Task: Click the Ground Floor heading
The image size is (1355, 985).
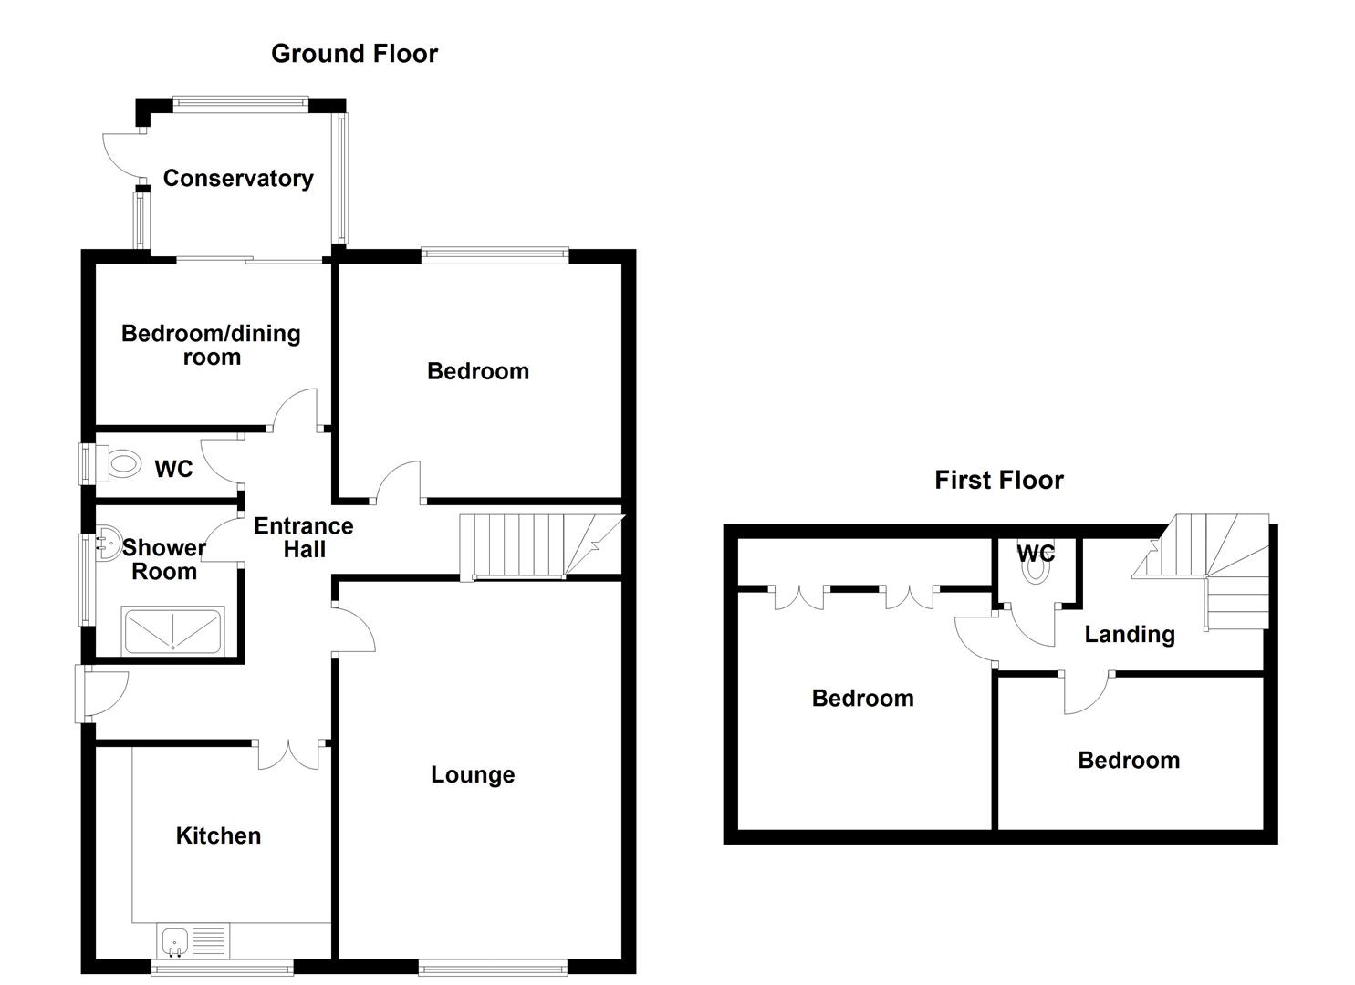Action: [x=354, y=54]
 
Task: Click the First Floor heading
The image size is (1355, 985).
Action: [x=998, y=481]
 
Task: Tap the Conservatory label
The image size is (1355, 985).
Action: [x=238, y=179]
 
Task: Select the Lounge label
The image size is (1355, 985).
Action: [x=473, y=775]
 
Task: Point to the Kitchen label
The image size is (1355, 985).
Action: [x=218, y=836]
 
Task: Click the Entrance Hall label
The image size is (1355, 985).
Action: [x=303, y=538]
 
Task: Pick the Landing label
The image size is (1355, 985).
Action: [x=1129, y=635]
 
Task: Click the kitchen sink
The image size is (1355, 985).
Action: [x=173, y=940]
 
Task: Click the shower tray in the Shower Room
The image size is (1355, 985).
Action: [x=172, y=631]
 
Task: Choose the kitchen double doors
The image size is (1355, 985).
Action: [x=289, y=754]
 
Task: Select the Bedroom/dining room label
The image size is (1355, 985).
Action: [x=211, y=346]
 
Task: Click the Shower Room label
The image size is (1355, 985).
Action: [x=164, y=560]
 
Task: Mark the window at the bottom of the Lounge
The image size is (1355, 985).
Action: [x=493, y=966]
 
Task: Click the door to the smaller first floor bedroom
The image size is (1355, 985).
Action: [x=1086, y=692]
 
